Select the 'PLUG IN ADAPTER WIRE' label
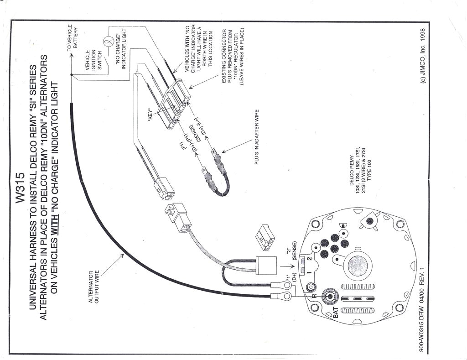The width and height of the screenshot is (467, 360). coord(257,137)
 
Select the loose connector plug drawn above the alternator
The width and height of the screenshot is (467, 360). coord(265,237)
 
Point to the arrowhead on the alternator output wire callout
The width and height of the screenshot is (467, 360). coord(123,255)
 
